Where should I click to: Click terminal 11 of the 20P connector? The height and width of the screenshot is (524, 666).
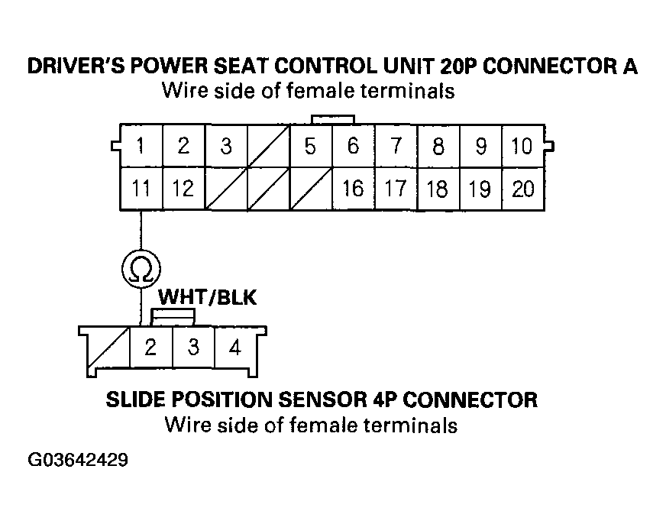click(x=141, y=188)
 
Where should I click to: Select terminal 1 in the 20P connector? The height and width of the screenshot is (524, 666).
click(x=141, y=146)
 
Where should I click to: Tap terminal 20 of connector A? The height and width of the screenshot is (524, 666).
click(x=523, y=188)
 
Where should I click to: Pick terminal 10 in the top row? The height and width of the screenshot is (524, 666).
click(x=522, y=146)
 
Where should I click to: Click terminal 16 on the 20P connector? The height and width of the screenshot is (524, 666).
click(x=352, y=188)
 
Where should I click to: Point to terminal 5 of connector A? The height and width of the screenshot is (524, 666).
click(x=309, y=146)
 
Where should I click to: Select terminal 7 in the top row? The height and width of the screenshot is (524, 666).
click(x=395, y=146)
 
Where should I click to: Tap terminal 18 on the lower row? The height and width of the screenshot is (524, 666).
click(x=438, y=188)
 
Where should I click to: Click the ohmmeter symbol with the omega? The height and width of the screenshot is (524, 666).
click(x=141, y=268)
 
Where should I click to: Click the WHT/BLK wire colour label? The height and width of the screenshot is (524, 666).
click(x=207, y=297)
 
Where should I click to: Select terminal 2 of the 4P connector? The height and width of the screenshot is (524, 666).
click(x=151, y=348)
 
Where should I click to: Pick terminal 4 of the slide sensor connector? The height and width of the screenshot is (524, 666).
click(x=235, y=348)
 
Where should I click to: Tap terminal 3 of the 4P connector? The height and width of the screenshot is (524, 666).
click(x=193, y=348)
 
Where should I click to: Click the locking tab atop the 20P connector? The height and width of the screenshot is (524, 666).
click(x=332, y=119)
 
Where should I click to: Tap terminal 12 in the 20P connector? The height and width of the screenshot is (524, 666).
click(x=183, y=188)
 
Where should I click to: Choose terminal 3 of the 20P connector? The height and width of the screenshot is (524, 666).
click(x=225, y=146)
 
